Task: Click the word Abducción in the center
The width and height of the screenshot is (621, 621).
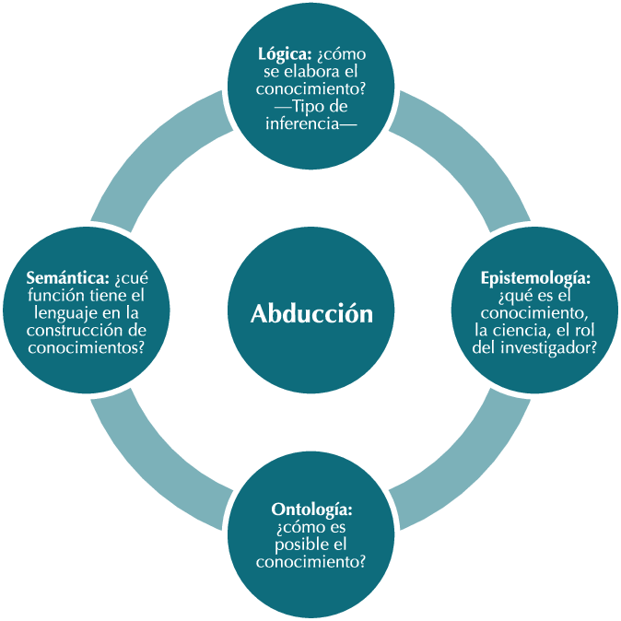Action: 311,314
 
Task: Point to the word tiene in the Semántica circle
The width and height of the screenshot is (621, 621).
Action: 104,296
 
